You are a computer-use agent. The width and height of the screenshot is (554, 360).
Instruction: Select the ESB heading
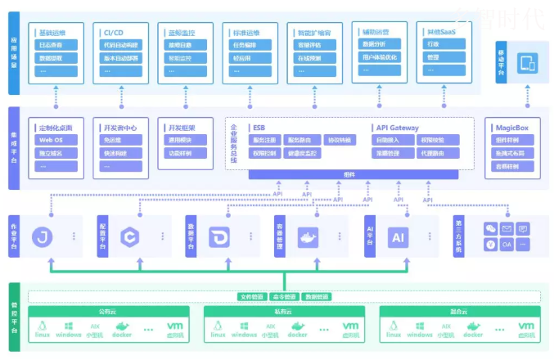(x=259, y=128)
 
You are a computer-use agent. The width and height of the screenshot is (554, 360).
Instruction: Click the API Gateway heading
(x=397, y=128)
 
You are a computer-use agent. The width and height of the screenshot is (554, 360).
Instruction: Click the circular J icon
(x=43, y=237)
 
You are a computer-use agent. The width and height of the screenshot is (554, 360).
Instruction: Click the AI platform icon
(x=399, y=237)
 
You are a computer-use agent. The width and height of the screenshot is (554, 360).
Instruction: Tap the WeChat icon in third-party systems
(x=490, y=229)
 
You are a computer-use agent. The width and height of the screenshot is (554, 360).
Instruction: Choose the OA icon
(x=507, y=244)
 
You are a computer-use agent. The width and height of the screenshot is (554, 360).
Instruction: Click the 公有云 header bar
(x=108, y=312)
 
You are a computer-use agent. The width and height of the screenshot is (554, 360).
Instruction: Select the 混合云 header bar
(x=458, y=312)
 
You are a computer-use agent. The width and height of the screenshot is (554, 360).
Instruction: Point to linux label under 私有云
(x=218, y=335)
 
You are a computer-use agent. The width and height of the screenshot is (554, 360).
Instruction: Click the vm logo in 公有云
(x=173, y=326)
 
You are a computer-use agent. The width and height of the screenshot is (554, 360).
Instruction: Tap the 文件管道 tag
(x=251, y=296)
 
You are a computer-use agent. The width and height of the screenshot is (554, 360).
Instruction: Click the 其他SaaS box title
(x=438, y=32)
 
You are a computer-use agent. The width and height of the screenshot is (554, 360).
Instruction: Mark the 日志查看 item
(x=49, y=46)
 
